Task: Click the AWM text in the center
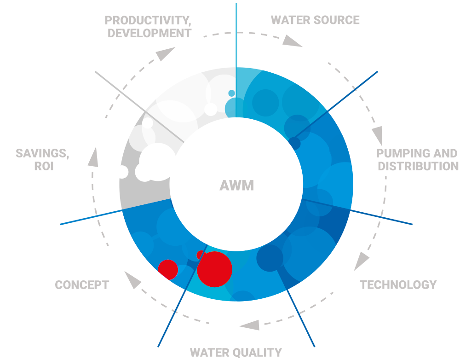(x=236, y=185)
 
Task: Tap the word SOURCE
(x=337, y=20)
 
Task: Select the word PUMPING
(x=401, y=153)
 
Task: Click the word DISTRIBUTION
(x=418, y=166)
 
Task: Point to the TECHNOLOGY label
(x=398, y=285)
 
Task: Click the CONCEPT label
(x=82, y=285)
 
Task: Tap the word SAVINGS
(x=42, y=154)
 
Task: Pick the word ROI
(x=44, y=166)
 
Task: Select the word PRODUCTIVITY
(x=148, y=21)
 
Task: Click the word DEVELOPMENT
(x=149, y=33)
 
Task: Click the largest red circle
(x=214, y=269)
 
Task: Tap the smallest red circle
(x=201, y=255)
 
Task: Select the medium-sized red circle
(x=168, y=270)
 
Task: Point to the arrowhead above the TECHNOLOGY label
(x=361, y=261)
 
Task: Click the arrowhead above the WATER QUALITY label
(x=250, y=325)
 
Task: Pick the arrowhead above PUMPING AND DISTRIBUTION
(x=377, y=136)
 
